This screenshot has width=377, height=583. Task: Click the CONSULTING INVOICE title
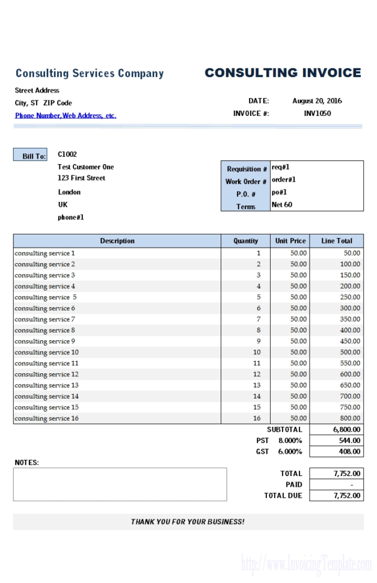[x=283, y=73]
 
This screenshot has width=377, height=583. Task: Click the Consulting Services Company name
[x=90, y=73]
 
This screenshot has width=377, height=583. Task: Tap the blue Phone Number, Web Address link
[x=66, y=115]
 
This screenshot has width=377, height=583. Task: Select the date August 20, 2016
[x=317, y=101]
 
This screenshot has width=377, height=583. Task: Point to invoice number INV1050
[x=317, y=113]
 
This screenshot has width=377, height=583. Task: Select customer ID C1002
[x=67, y=154]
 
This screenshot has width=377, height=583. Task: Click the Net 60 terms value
[x=282, y=204]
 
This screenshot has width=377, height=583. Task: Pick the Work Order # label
[x=246, y=181]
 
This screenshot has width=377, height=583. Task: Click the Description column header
[x=117, y=240]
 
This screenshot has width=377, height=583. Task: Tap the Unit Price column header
[x=290, y=240]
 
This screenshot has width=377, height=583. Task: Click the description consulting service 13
[x=47, y=385]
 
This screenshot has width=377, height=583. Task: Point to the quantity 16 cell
[x=257, y=418]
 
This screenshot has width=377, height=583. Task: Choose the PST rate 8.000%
[x=290, y=441]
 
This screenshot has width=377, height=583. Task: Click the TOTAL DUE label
[x=283, y=496]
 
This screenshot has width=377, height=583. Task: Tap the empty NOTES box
[x=120, y=484]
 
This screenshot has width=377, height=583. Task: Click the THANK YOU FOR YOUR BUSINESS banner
[x=188, y=522]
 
